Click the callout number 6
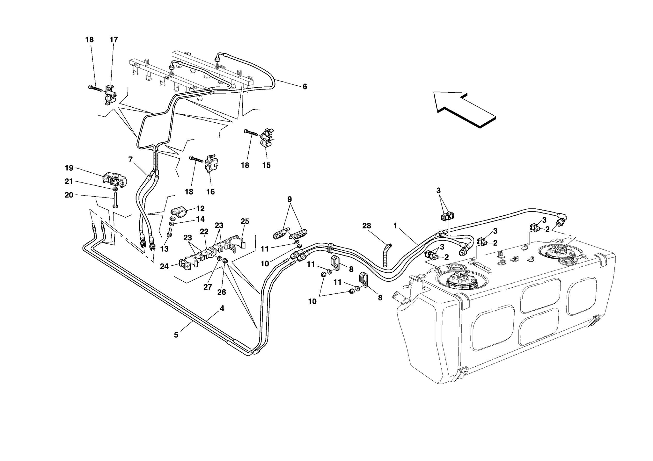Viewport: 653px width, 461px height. (304, 87)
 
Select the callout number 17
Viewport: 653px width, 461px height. (114, 40)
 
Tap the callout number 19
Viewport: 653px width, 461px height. (69, 168)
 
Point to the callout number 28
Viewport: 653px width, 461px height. (367, 226)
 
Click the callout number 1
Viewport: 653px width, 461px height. (395, 226)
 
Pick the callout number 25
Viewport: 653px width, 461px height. (245, 221)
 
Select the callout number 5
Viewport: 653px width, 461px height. (176, 335)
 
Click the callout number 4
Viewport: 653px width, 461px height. (222, 308)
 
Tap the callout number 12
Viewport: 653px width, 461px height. (200, 209)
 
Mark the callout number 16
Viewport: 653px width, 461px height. (210, 192)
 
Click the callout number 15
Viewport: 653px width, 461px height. (266, 165)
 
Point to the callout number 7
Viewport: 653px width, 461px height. (130, 160)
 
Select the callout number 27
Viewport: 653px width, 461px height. (208, 287)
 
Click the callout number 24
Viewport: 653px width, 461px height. (164, 266)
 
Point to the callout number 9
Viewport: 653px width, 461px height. (290, 199)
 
